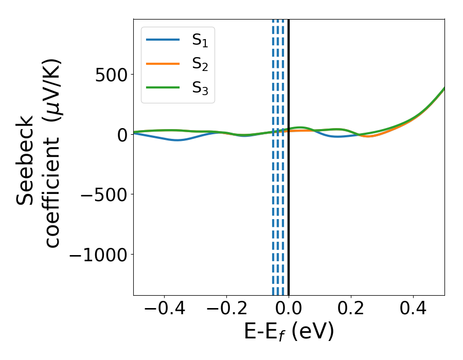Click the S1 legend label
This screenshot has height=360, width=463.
pos(203,40)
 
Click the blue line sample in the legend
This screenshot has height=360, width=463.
pos(163,40)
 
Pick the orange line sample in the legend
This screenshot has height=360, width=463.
pos(163,63)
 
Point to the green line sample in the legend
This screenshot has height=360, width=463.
pos(163,87)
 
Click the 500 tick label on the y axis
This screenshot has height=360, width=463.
pos(112,75)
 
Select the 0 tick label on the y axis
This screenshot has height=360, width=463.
pos(121,135)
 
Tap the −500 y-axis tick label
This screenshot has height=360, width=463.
pos(103,194)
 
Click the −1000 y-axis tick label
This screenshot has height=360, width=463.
pos(97,255)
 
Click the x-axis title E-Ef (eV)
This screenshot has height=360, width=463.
pos(289,332)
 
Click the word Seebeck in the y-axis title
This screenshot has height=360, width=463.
pos(25,160)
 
